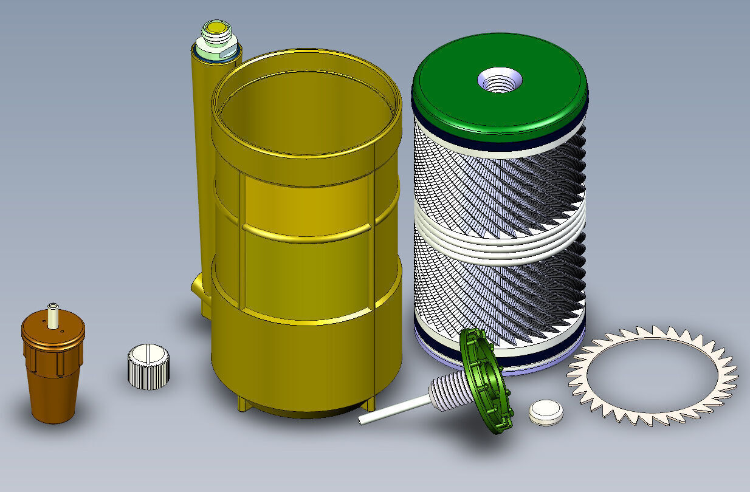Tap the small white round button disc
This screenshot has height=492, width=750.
point(545,411)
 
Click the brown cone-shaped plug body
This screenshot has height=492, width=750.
point(53,395)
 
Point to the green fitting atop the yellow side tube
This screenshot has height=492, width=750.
point(216,36)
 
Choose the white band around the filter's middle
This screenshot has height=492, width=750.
point(498,234)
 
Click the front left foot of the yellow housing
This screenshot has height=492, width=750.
point(241,405)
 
